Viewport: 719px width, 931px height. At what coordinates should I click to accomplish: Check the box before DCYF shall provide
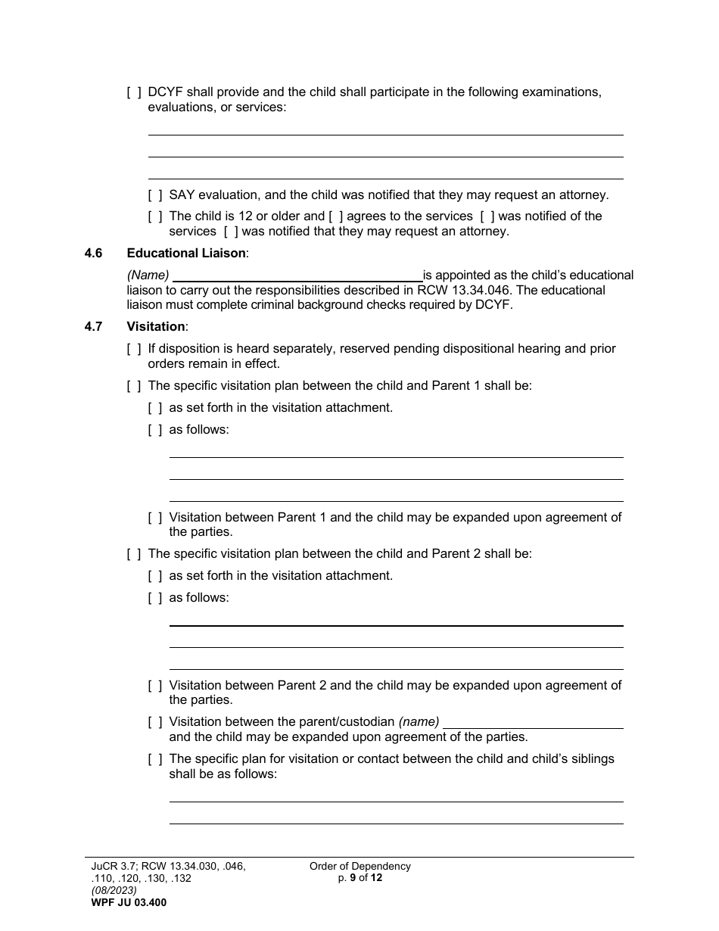pyautogui.click(x=134, y=92)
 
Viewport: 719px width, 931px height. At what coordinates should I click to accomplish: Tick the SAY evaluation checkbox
pyautogui.click(x=155, y=195)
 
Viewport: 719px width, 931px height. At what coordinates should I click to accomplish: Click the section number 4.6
pyautogui.click(x=94, y=254)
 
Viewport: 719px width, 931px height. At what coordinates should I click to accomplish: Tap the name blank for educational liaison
pyautogui.click(x=297, y=276)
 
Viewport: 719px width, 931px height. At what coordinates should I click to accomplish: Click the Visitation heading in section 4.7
pyautogui.click(x=155, y=327)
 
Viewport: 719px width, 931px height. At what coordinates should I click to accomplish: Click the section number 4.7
pyautogui.click(x=94, y=327)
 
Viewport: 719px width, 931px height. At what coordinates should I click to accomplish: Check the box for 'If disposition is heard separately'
pyautogui.click(x=134, y=349)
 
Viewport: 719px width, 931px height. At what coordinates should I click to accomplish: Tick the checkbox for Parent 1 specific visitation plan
pyautogui.click(x=134, y=386)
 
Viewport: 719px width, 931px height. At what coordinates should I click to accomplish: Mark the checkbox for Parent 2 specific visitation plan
pyautogui.click(x=134, y=554)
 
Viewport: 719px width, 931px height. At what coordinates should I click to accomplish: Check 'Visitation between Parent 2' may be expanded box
pyautogui.click(x=155, y=686)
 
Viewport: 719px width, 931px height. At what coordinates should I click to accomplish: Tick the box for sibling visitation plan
pyautogui.click(x=155, y=759)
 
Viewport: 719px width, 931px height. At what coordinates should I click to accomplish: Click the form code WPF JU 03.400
pyautogui.click(x=128, y=902)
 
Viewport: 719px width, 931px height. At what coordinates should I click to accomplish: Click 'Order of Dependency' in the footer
pyautogui.click(x=360, y=867)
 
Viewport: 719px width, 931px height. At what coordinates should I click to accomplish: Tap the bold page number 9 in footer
pyautogui.click(x=353, y=878)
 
